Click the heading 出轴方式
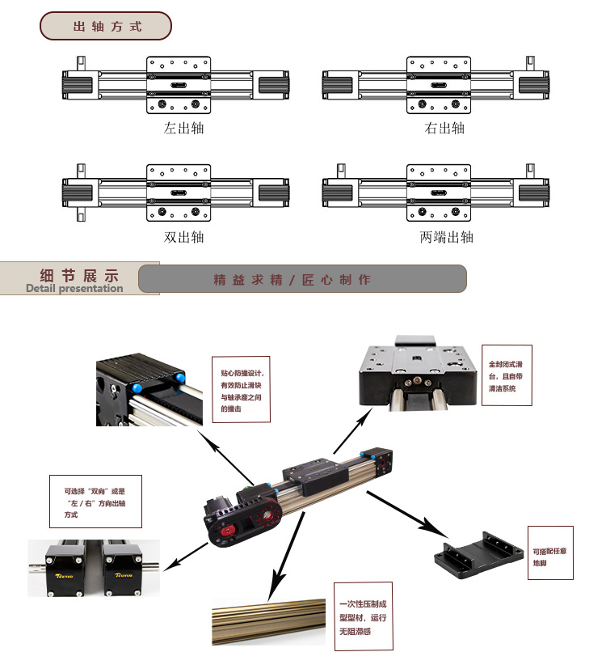click(x=107, y=27)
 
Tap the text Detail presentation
click(x=74, y=288)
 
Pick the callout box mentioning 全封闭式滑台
click(x=509, y=376)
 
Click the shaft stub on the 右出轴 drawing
click(x=531, y=62)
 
